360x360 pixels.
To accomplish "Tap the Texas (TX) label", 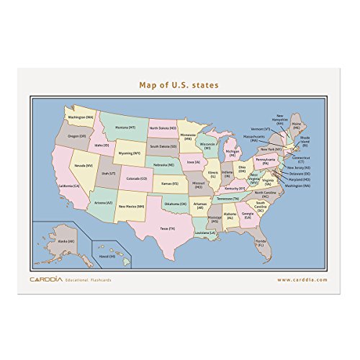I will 168,228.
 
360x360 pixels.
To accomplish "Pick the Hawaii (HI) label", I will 107,256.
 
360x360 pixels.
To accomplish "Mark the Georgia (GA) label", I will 248,214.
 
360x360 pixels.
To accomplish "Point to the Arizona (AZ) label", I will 103,202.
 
